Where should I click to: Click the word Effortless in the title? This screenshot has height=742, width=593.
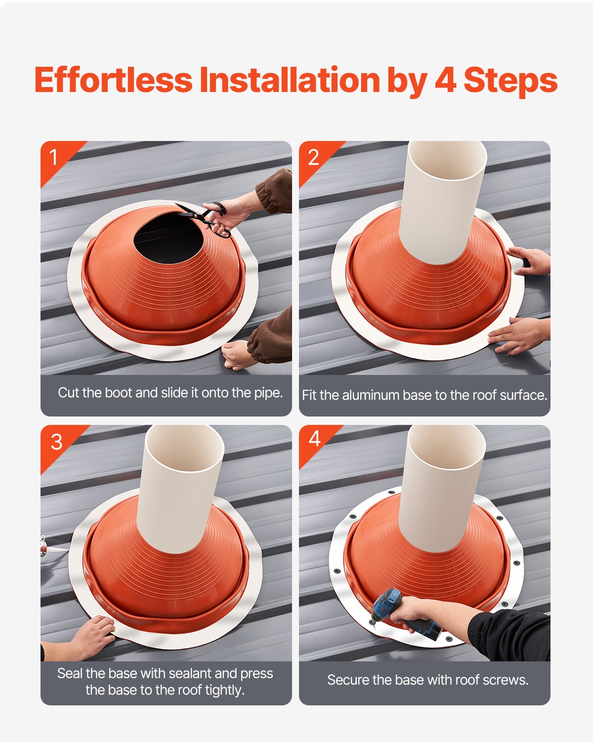pos(113,80)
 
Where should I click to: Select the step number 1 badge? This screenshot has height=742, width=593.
pos(54,157)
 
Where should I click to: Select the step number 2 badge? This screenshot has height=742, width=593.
pos(313,157)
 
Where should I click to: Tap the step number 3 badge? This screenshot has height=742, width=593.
pos(56,442)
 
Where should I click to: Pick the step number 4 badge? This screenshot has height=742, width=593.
pos(314,439)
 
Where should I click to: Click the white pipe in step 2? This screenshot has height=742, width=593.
pos(442,198)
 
